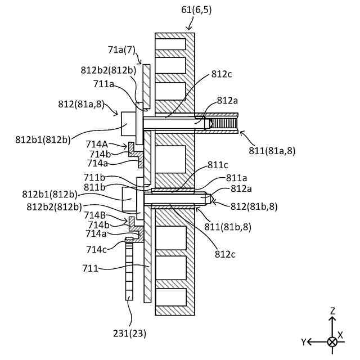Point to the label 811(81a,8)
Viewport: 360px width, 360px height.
[272, 150]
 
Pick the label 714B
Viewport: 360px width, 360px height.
[94, 215]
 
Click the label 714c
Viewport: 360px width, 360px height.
[96, 249]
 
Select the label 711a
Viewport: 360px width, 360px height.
[104, 84]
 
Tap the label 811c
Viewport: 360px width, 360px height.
[217, 165]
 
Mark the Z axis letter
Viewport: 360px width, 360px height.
[332, 310]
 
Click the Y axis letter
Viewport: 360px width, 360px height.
[303, 341]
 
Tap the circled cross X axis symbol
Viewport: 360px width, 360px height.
[332, 341]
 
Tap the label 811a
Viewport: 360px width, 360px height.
[237, 177]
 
